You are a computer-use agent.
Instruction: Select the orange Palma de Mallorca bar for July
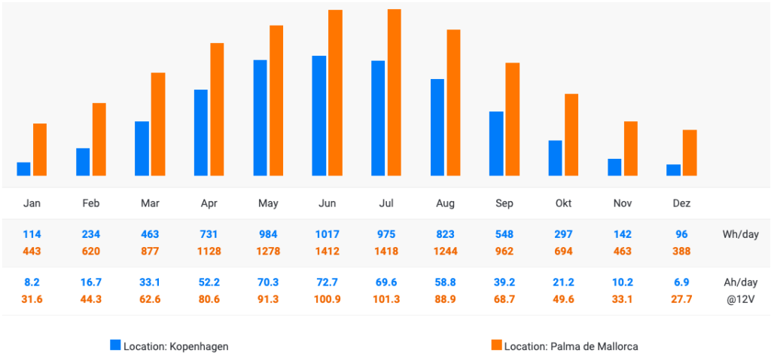point(395,93)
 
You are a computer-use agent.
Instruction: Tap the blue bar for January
point(23,169)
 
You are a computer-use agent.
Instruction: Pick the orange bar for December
point(690,153)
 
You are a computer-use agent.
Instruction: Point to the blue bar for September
point(496,143)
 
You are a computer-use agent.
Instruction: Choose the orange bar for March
point(158,124)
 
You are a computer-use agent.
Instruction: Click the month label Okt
point(563,203)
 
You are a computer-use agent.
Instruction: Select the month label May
point(268,203)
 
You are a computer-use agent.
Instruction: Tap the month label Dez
point(681,203)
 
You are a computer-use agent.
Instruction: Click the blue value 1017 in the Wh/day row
point(327,234)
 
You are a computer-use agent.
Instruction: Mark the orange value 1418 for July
point(385,251)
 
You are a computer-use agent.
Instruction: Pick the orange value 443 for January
point(32,251)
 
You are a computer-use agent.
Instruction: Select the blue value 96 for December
point(681,234)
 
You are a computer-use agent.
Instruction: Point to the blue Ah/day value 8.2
point(32,282)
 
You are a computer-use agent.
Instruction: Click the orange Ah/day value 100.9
point(327,299)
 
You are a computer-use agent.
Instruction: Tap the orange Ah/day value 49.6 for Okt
point(563,299)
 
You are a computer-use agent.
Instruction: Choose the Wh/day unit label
point(740,234)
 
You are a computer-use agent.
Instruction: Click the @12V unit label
point(740,299)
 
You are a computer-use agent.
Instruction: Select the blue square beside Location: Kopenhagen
point(115,346)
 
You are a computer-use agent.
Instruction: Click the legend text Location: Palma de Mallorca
point(571,346)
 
